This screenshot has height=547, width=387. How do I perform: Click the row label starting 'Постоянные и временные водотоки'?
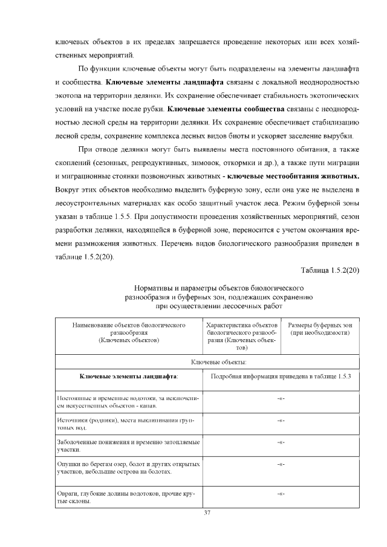pos(128,402)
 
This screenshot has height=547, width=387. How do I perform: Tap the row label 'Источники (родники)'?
pos(128,423)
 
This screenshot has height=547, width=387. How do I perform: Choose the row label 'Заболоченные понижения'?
pos(128,446)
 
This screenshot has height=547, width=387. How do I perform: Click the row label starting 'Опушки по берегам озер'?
pos(128,468)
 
